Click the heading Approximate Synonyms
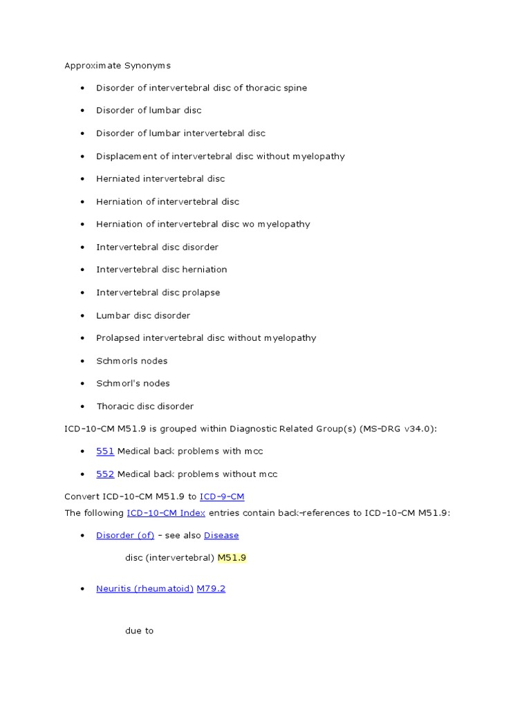tap(118, 66)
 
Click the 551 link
tap(105, 451)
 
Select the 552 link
tap(105, 474)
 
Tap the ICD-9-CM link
tap(222, 496)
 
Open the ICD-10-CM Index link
tap(166, 512)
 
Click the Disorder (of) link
tap(125, 535)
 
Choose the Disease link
tap(221, 535)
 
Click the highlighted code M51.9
tap(232, 557)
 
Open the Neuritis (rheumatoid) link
tap(145, 589)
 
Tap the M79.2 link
tap(211, 589)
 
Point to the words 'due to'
tap(139, 631)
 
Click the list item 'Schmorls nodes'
tap(131, 361)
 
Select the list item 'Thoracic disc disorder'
tap(145, 407)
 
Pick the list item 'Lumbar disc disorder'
tap(143, 315)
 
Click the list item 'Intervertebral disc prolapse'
tap(158, 292)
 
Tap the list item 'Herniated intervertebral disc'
tap(160, 179)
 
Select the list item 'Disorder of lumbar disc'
tap(149, 111)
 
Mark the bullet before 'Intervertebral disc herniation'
tap(82, 270)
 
